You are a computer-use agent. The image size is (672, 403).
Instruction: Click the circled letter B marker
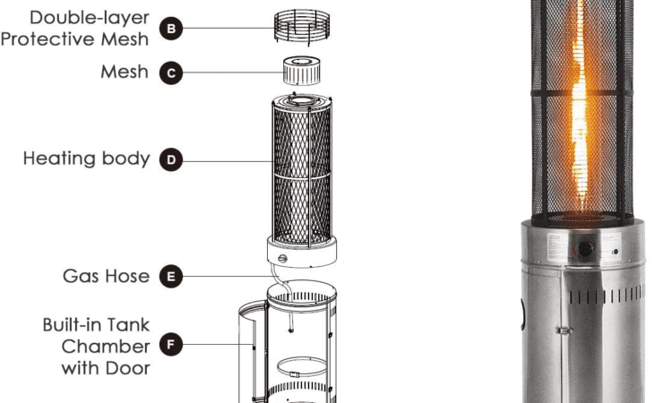171,29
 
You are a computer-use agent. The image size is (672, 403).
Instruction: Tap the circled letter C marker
171,73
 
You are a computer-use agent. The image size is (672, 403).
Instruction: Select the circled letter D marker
171,159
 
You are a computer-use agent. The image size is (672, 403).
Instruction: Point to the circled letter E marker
171,276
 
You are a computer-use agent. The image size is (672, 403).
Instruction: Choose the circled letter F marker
171,344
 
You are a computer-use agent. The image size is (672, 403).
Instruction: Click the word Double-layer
90,18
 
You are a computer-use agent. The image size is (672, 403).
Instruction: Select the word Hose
128,276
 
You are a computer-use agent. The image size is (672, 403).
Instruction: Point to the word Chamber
106,347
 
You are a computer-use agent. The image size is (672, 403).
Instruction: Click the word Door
128,368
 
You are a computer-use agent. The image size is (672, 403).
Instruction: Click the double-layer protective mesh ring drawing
302,28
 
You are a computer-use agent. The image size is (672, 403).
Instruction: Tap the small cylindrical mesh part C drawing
302,71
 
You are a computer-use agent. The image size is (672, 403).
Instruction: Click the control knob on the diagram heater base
282,258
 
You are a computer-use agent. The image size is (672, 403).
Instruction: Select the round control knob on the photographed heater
584,248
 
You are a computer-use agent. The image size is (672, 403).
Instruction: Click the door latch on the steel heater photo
564,330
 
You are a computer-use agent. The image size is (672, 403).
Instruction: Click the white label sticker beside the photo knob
558,247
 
